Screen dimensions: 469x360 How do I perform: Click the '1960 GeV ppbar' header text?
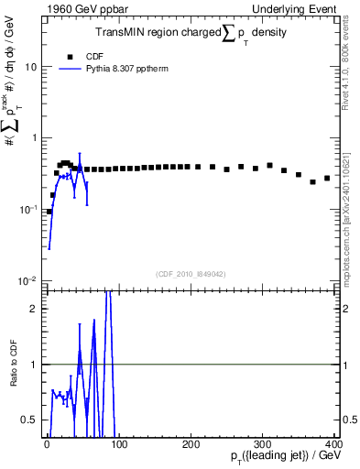pyautogui.click(x=80, y=9)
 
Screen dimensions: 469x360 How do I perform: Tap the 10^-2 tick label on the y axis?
pyautogui.click(x=27, y=280)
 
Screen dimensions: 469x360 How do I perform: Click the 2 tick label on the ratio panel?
pyautogui.click(x=35, y=309)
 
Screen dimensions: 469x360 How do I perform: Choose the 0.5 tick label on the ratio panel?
pyautogui.click(x=31, y=420)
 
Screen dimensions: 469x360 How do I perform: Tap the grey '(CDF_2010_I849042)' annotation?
pyautogui.click(x=191, y=273)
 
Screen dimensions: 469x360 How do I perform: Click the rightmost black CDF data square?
pyautogui.click(x=327, y=178)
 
